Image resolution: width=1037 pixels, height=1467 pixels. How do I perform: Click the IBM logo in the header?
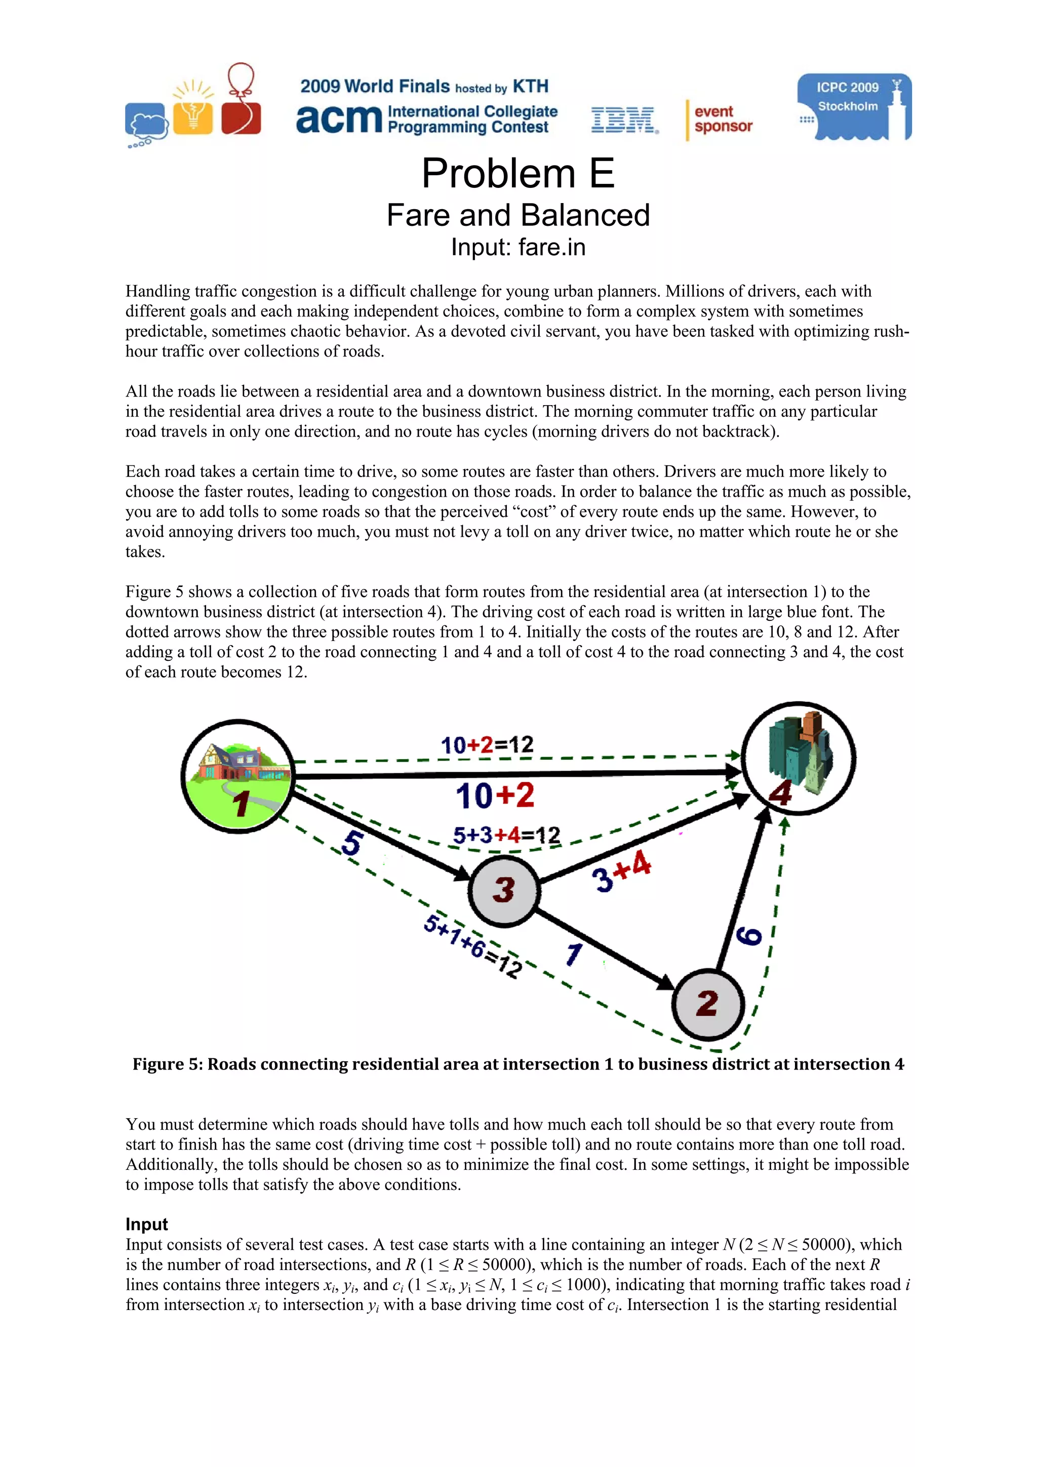624,120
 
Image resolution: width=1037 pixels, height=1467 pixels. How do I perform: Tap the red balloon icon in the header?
241,100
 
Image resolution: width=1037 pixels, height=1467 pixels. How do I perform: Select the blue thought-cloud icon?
146,123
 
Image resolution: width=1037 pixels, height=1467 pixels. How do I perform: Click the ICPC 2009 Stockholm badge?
854,107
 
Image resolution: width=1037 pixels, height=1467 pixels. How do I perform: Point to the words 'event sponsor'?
723,119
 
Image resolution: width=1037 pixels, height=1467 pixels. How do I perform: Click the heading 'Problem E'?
517,174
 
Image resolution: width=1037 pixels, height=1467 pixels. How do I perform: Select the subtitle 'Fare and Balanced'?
517,215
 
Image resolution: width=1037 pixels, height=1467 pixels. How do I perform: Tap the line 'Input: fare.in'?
517,247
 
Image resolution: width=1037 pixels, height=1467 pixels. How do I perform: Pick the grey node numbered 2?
707,1004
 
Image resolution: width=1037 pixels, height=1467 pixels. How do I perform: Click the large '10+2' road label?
495,796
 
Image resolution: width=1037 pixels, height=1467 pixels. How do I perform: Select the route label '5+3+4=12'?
506,835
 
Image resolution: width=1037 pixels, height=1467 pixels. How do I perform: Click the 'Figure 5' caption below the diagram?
517,1064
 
